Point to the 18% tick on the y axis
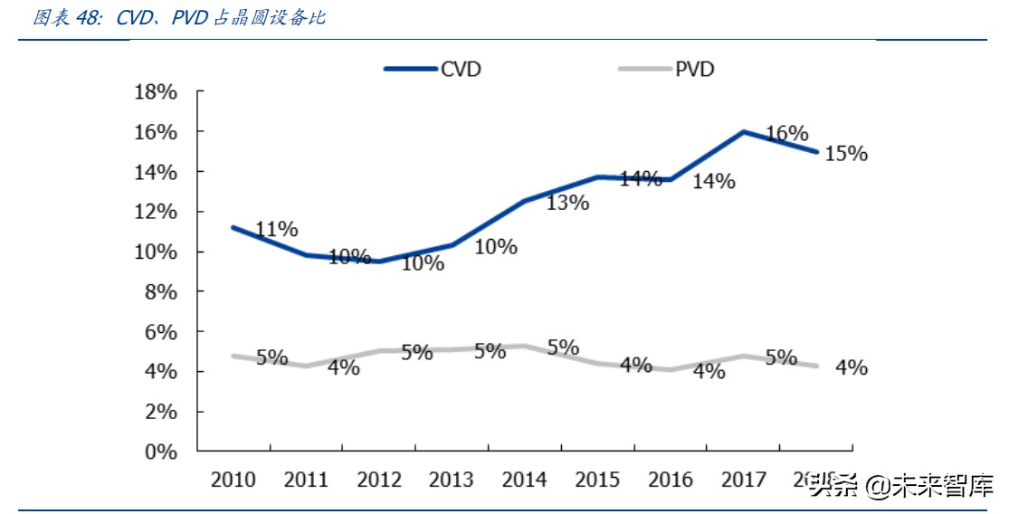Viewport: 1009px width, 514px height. click(155, 92)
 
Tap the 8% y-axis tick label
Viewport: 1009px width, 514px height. click(160, 291)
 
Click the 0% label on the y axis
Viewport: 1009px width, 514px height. click(160, 451)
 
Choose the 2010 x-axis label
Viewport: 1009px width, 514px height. click(233, 480)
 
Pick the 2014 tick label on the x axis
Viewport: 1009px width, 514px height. click(524, 480)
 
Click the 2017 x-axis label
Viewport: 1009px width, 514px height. click(743, 480)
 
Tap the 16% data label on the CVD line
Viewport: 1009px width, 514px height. click(786, 134)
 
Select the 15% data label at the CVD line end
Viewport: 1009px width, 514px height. click(846, 154)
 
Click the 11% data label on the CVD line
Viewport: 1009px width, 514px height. click(276, 229)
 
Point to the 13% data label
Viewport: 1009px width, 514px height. click(567, 203)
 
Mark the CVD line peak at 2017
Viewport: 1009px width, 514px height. click(743, 132)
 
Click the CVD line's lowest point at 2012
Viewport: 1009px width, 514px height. click(378, 262)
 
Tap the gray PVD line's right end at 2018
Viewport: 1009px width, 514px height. click(816, 366)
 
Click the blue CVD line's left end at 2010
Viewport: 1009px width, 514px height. click(233, 227)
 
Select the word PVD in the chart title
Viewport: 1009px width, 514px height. click(190, 18)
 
